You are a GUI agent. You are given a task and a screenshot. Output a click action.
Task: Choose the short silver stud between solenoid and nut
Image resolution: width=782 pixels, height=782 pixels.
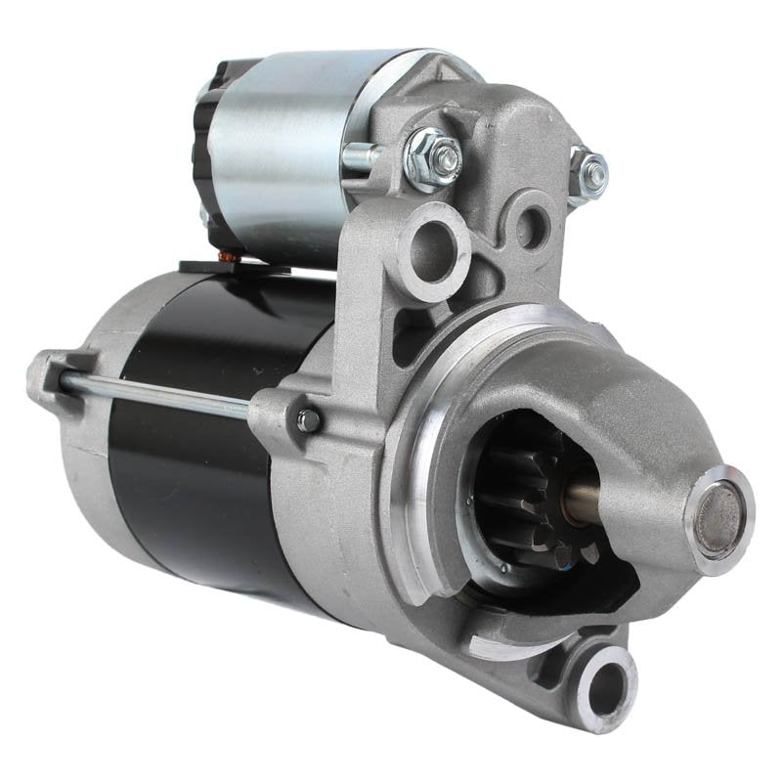click(364, 154)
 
